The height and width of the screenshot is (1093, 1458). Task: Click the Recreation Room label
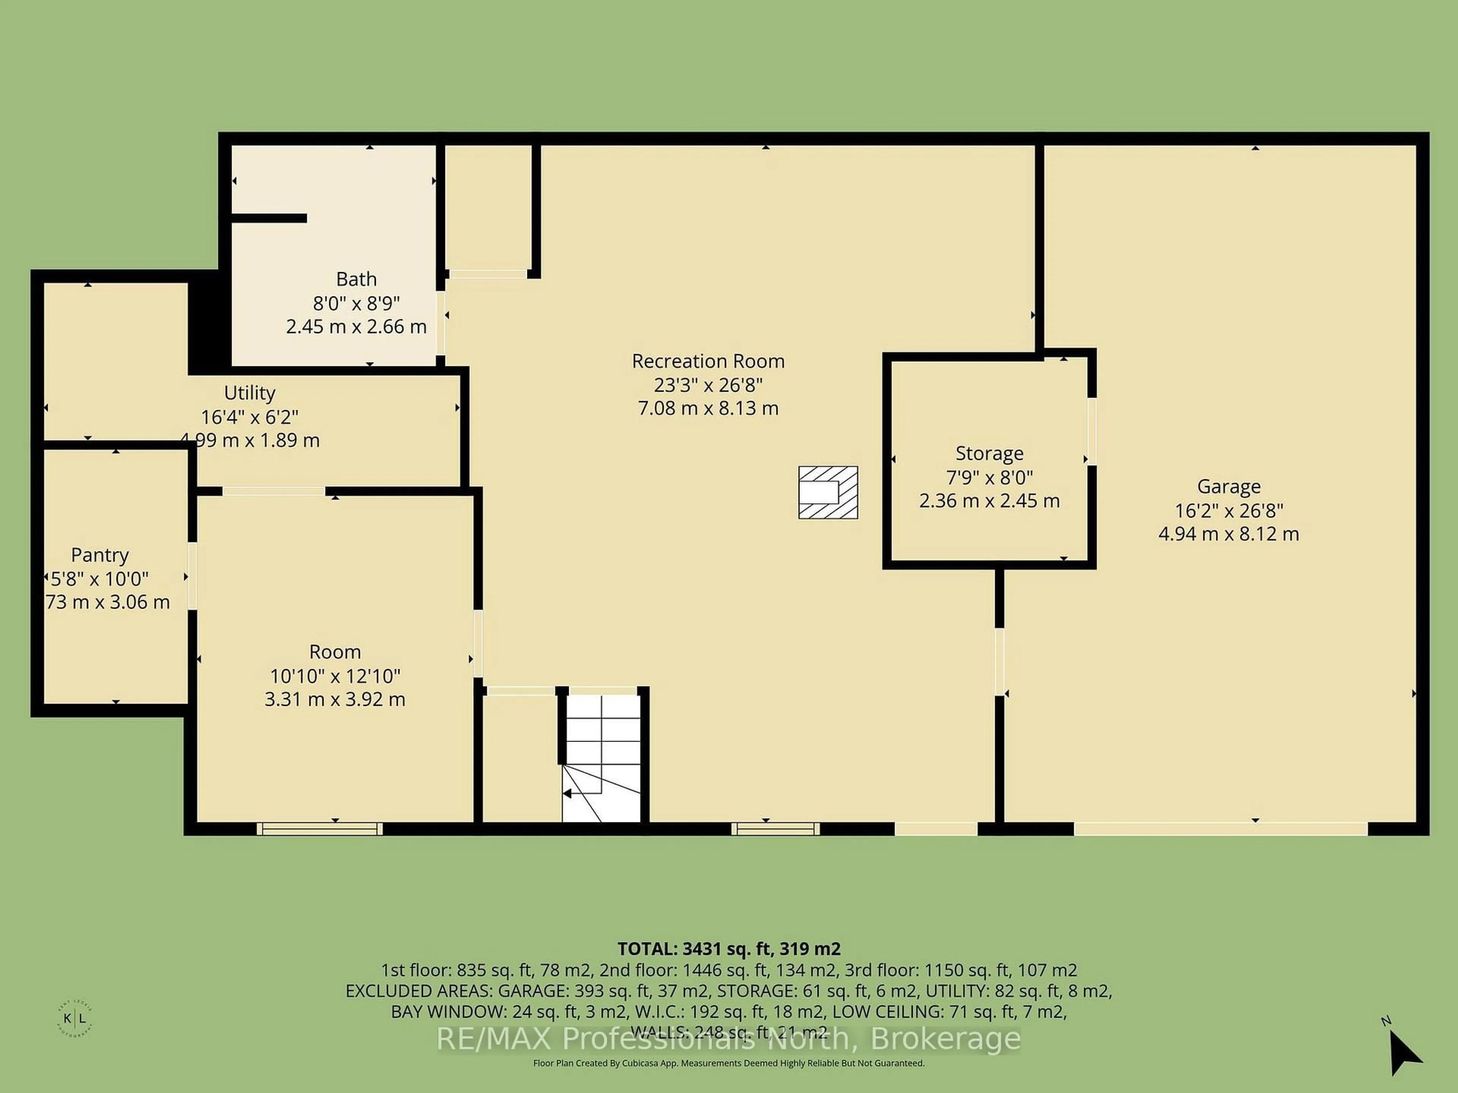(x=708, y=361)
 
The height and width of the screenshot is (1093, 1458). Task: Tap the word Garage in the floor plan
(x=1229, y=486)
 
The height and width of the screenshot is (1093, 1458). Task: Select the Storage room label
(x=989, y=453)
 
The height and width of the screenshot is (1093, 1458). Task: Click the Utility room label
(x=249, y=393)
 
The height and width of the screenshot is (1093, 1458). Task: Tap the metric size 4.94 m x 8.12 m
(x=1229, y=534)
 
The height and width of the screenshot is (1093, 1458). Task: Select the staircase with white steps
(x=601, y=758)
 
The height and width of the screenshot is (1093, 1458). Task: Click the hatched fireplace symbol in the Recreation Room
(x=828, y=493)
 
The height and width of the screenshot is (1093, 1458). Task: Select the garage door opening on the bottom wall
(x=1221, y=829)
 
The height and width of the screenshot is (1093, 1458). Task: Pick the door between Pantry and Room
(x=193, y=576)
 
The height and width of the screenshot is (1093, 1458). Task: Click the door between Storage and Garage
(x=1092, y=432)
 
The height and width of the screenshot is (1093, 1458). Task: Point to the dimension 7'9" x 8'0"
(x=989, y=477)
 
